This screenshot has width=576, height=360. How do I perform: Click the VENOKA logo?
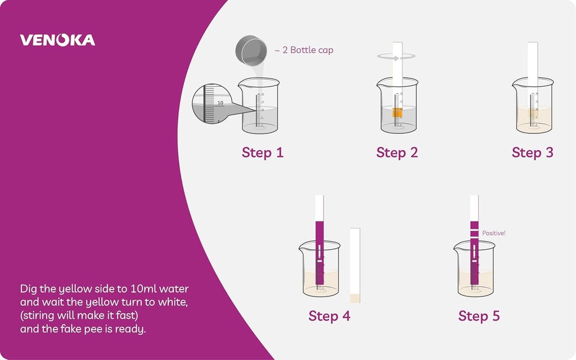point(58,40)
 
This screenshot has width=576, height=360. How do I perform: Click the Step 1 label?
point(263,152)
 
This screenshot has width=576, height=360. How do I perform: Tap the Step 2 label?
point(397,152)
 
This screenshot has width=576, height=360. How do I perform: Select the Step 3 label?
point(533,152)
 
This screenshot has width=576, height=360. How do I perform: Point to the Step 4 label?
point(330,316)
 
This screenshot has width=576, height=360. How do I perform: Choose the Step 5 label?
point(479,316)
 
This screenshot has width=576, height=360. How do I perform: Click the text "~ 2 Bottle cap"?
point(304,50)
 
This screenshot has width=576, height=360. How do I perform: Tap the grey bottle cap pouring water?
point(251,51)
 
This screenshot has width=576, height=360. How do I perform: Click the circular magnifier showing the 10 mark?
point(212,104)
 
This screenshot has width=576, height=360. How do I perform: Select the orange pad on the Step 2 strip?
point(398,112)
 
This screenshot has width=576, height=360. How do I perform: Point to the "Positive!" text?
point(494,233)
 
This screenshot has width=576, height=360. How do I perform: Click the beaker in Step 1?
point(259,106)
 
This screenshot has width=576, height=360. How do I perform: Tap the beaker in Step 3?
point(533,106)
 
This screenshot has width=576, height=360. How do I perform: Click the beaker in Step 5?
point(475,269)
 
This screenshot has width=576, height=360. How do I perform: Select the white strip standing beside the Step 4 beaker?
point(355,265)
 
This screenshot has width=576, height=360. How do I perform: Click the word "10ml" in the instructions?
point(143,289)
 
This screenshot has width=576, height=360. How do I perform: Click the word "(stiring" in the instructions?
point(37,316)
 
